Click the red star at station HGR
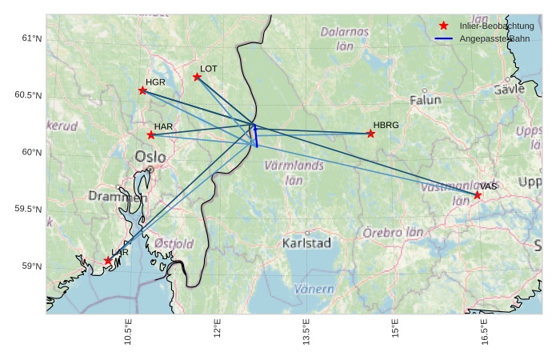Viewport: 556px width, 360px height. (x=142, y=90)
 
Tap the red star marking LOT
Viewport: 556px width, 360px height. (x=197, y=77)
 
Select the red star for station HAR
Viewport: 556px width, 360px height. (x=150, y=135)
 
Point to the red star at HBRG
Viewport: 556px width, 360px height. (x=370, y=134)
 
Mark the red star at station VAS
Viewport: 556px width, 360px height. (x=478, y=195)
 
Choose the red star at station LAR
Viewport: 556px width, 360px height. (x=108, y=261)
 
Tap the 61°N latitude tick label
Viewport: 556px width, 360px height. (x=31, y=38)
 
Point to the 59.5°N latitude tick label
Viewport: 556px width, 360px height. (x=28, y=210)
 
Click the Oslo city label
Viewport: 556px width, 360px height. (x=151, y=157)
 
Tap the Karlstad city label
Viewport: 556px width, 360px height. (x=306, y=243)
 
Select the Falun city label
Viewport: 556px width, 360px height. (x=425, y=101)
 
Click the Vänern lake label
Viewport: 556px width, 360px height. (x=314, y=289)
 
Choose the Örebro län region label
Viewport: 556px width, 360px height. (x=393, y=233)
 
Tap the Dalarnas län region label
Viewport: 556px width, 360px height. (x=345, y=39)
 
